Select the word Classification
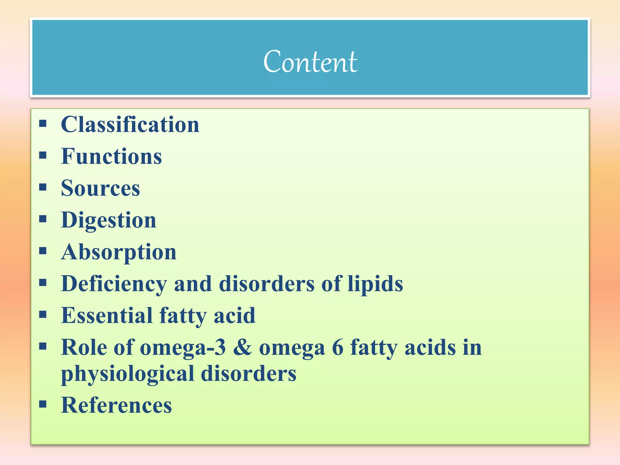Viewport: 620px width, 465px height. coord(130,124)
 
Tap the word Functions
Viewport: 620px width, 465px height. coord(111,157)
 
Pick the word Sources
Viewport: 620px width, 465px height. coord(101,188)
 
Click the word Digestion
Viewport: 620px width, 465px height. coord(109,220)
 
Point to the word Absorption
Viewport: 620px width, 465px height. coord(119,252)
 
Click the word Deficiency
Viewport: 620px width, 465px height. coord(114,284)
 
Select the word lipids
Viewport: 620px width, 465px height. coord(375,284)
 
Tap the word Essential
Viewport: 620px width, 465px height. coord(107,315)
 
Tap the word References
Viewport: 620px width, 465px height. coord(116,405)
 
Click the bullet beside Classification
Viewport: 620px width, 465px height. coord(43,123)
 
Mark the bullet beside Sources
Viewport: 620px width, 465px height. coord(43,187)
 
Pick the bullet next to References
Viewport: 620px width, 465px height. coord(43,404)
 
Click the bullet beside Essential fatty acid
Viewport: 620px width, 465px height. coord(43,315)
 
